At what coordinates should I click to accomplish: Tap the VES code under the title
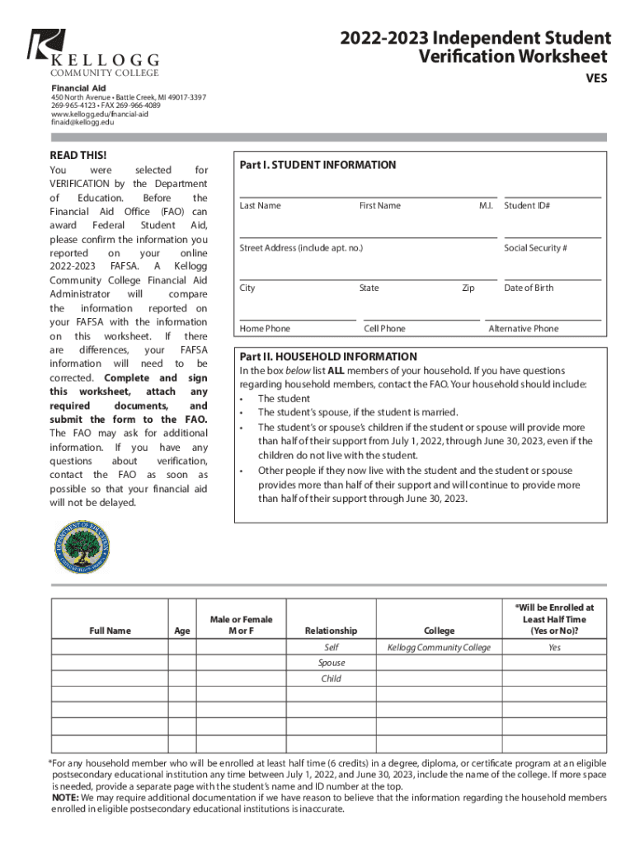click(596, 79)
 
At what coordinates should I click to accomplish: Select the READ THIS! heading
click(78, 155)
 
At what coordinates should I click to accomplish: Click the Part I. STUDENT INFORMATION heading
click(317, 165)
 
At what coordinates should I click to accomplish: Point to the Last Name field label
click(260, 205)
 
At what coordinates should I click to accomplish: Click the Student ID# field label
click(527, 205)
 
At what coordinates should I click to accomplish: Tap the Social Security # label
click(535, 247)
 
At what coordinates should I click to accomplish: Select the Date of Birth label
click(529, 288)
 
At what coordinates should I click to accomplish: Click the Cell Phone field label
click(384, 328)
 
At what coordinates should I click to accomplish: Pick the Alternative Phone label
click(523, 328)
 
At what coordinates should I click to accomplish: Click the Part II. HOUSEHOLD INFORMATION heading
click(327, 357)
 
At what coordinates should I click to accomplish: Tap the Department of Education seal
click(81, 548)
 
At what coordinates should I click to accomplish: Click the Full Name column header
click(110, 631)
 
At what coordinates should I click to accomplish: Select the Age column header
click(182, 631)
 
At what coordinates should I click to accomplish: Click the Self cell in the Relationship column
click(331, 648)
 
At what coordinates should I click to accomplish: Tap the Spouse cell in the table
click(331, 663)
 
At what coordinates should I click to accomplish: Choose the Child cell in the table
click(331, 678)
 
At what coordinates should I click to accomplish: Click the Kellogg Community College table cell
click(439, 648)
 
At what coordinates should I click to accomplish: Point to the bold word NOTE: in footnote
click(66, 798)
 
